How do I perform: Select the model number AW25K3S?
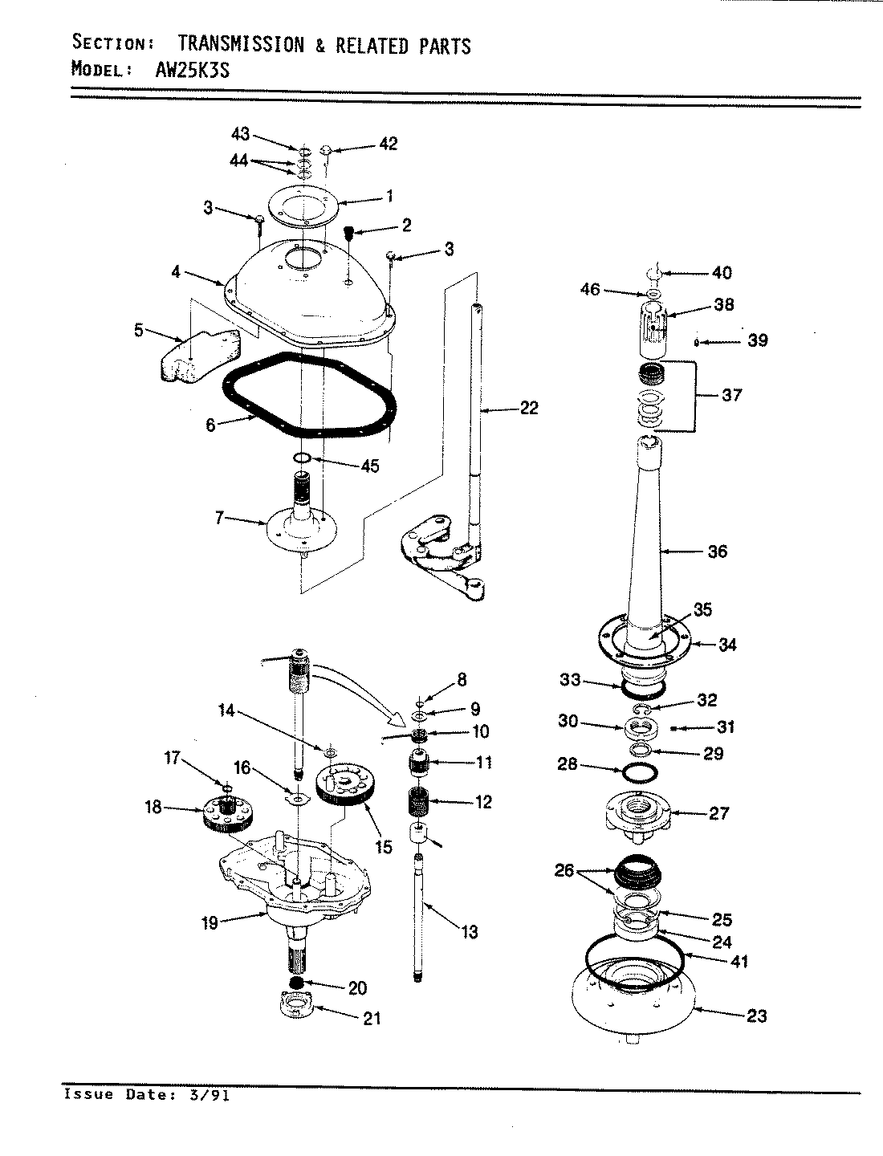191,69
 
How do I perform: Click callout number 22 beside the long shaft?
528,408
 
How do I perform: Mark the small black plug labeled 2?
350,233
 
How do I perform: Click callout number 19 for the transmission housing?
210,923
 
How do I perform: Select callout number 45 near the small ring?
370,466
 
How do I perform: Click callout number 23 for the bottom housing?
756,1016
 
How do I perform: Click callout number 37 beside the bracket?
731,395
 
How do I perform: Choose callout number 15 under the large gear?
384,846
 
